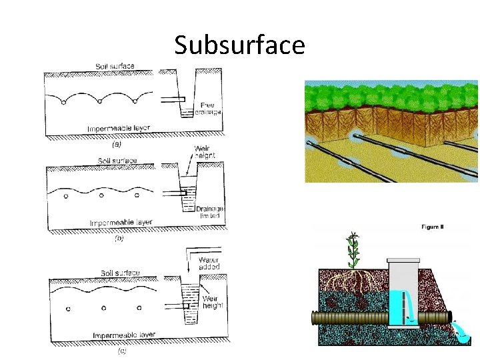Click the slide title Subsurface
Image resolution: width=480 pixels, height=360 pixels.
tap(239, 45)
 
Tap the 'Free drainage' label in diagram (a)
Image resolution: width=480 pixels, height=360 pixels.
tap(211, 109)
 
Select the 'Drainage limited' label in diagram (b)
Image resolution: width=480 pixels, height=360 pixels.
tap(210, 212)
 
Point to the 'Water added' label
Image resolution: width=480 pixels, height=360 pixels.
tap(209, 263)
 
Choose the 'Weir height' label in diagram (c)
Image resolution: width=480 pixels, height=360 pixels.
tap(213, 302)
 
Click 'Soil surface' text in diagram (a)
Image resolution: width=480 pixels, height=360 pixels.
tap(114, 66)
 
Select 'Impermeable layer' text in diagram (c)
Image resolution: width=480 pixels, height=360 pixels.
tap(125, 335)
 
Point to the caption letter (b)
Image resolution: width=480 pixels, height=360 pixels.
tap(119, 238)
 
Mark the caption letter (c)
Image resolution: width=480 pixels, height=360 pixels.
tap(122, 350)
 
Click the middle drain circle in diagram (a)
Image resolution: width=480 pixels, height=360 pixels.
tap(99, 101)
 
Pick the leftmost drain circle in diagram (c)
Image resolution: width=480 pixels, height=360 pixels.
tap(68, 309)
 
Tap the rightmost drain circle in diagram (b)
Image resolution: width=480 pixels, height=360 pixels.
tap(137, 195)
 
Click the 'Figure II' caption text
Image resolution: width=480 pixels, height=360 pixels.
tap(433, 227)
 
